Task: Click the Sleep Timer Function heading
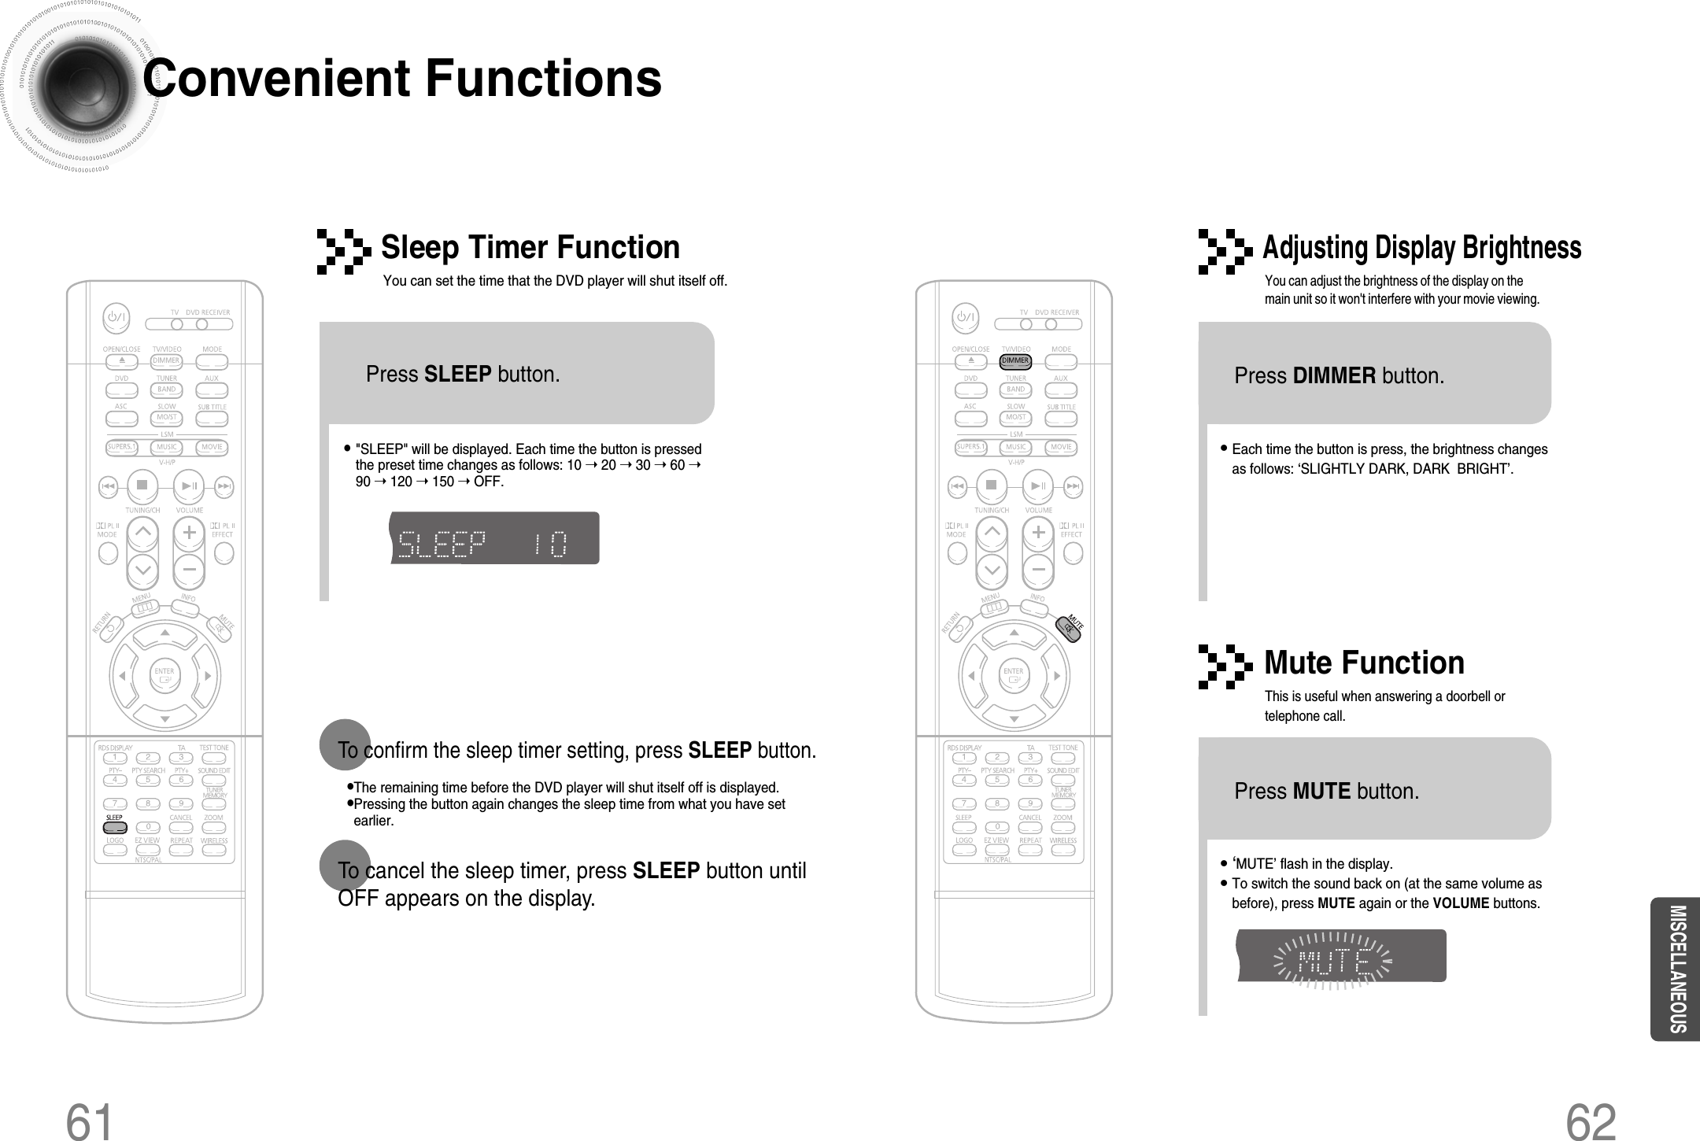point(530,248)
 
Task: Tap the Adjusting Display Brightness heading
point(1421,248)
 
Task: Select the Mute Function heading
point(1364,663)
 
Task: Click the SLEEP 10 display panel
point(494,538)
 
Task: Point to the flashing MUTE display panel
point(1340,955)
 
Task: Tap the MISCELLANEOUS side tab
point(1675,969)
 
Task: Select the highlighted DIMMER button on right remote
point(1015,361)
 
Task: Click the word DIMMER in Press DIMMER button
point(1335,376)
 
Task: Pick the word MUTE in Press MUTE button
point(1321,791)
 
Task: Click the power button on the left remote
point(117,318)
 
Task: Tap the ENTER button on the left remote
point(164,675)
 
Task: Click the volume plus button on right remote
point(1039,533)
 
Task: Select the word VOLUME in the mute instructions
point(1461,903)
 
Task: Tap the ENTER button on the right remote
point(1014,675)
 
